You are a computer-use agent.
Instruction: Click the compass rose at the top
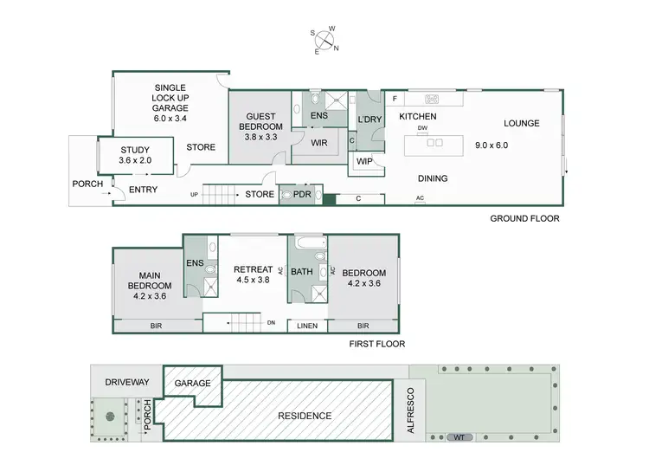tap(324, 39)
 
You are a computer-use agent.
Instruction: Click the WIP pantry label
tap(363, 161)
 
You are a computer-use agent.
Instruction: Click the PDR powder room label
tap(302, 195)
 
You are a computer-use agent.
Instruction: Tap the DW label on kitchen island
tap(422, 129)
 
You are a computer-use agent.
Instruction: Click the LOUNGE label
tap(522, 123)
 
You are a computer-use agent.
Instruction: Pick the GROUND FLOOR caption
tap(524, 219)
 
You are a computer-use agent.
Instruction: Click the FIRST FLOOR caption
tap(376, 344)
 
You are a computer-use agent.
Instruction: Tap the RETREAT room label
tap(253, 269)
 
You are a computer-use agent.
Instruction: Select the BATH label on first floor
tap(302, 272)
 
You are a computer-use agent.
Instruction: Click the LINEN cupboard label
tap(306, 326)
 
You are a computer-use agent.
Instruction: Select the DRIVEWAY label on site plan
tap(127, 382)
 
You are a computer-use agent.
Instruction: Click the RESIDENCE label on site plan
tap(304, 416)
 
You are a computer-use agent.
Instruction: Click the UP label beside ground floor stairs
tap(194, 195)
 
